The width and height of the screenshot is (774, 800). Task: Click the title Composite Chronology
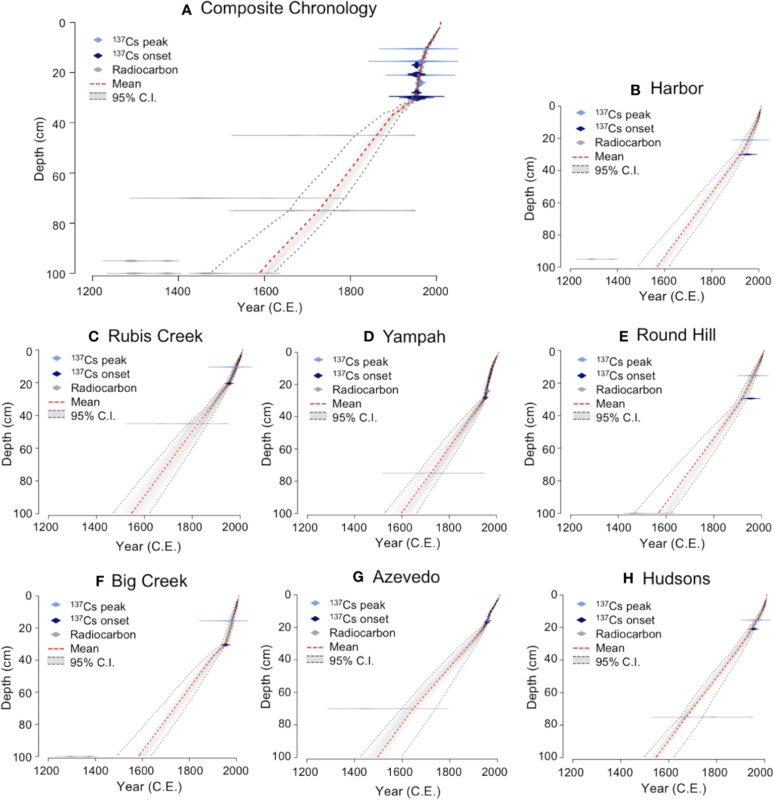point(288,9)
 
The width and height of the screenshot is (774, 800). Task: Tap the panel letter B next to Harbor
point(635,90)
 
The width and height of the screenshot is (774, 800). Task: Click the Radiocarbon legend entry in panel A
point(145,70)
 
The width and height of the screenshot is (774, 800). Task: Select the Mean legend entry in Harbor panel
point(609,156)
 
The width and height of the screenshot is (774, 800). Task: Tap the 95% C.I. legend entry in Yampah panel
point(354,418)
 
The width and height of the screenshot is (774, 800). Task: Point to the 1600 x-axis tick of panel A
point(266,291)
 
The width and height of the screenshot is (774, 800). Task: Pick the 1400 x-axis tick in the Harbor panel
point(618,281)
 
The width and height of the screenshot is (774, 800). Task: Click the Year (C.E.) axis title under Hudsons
point(673,788)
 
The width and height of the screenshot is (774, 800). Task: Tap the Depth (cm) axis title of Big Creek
point(6,678)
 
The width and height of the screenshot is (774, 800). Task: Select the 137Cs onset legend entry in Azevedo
point(359,619)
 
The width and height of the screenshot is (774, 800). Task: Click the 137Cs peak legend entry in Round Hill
point(624,362)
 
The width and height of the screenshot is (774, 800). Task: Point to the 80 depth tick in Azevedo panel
point(285,724)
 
